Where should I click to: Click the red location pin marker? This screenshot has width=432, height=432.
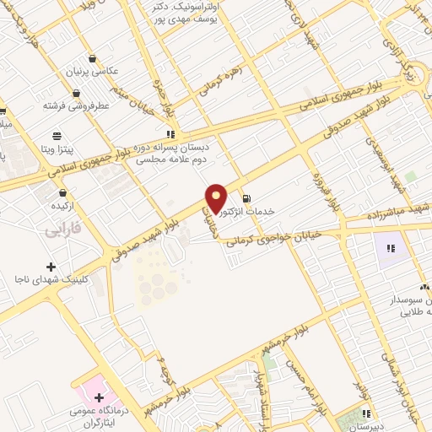[216, 199]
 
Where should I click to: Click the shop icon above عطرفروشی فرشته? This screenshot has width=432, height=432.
[77, 94]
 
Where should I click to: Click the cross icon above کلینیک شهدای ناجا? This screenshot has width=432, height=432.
[51, 267]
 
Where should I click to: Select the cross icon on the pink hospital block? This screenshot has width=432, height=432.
[100, 397]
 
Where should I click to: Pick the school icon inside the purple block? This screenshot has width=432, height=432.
[390, 248]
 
